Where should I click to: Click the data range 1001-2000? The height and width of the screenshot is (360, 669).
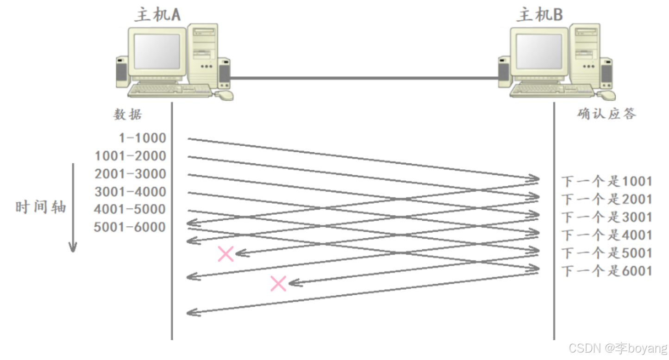tap(130, 156)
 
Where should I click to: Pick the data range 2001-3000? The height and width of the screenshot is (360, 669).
tap(130, 174)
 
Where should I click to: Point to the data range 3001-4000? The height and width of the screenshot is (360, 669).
tap(130, 192)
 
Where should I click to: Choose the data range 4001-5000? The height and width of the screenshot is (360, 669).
tap(130, 210)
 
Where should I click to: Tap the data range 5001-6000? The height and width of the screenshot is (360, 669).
tap(130, 227)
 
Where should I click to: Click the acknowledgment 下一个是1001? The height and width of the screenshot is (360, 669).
tap(606, 181)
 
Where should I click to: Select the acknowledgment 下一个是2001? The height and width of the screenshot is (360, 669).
tap(606, 199)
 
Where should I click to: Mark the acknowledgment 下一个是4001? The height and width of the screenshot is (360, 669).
tap(606, 235)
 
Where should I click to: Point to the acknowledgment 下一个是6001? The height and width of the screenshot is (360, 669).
tap(606, 271)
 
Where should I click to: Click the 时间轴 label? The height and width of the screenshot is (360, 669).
tap(41, 207)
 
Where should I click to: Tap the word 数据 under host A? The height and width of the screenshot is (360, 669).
tap(128, 114)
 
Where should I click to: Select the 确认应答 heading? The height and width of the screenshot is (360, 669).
tap(606, 114)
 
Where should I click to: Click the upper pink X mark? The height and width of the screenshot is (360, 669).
tap(225, 254)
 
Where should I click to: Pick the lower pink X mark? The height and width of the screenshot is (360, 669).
tap(278, 284)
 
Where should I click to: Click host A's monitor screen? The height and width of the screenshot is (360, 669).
tap(156, 51)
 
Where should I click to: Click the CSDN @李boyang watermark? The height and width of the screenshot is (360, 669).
tap(618, 348)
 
